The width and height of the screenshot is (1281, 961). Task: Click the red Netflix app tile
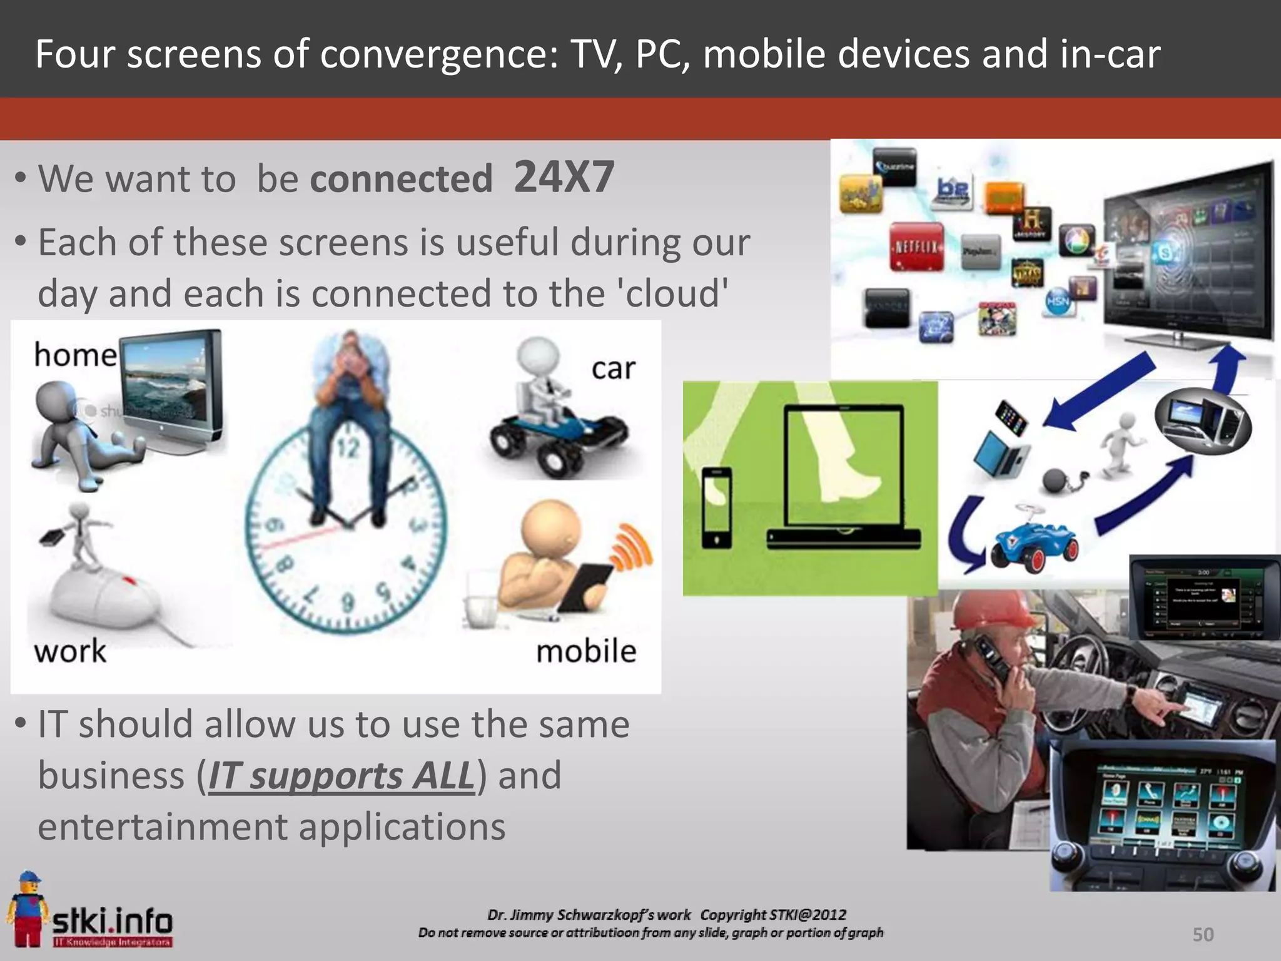(x=916, y=247)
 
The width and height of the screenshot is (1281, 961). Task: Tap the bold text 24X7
(x=564, y=177)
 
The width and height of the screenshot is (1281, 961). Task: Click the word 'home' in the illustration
(x=75, y=355)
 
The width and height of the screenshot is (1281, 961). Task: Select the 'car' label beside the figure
(x=613, y=369)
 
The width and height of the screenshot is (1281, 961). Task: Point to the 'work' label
(x=70, y=651)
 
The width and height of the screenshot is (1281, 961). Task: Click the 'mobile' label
(x=586, y=651)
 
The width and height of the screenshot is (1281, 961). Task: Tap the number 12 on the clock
(x=349, y=448)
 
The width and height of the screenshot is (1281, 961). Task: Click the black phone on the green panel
(x=716, y=507)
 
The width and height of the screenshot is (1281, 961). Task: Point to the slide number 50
(x=1203, y=934)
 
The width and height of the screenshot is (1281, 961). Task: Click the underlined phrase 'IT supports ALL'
(x=341, y=776)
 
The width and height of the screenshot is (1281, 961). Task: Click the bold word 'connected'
(x=401, y=179)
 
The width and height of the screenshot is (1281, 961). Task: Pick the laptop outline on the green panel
(x=844, y=475)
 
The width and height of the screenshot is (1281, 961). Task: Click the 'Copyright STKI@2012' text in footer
(x=773, y=915)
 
